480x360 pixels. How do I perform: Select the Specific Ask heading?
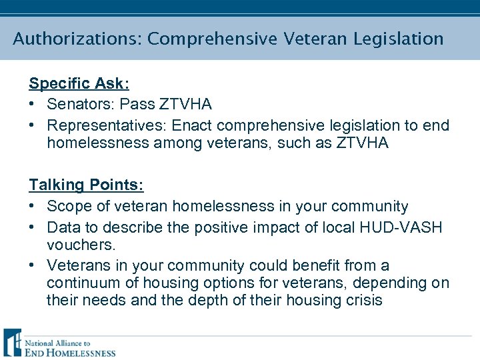click(x=79, y=83)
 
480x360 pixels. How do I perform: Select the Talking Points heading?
click(x=86, y=185)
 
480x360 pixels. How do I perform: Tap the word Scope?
click(x=69, y=206)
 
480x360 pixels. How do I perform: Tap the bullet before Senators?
click(x=33, y=105)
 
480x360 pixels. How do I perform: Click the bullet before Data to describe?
click(x=33, y=227)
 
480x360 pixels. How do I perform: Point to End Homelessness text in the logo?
click(x=70, y=352)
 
